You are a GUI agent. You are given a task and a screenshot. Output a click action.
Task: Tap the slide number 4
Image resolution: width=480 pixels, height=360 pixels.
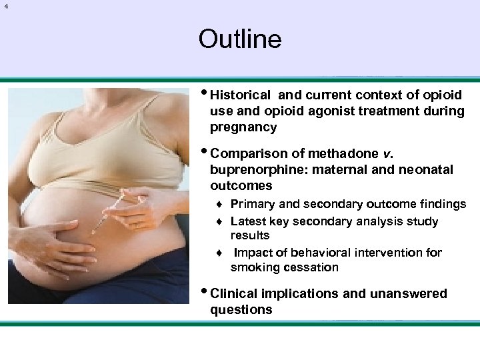(6, 7)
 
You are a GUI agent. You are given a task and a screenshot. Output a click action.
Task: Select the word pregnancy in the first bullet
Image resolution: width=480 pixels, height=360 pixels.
(243, 127)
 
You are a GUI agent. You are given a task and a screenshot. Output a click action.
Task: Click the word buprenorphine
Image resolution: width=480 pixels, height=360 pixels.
(251, 170)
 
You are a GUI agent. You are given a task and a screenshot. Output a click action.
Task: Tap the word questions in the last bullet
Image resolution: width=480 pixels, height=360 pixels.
(241, 309)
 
